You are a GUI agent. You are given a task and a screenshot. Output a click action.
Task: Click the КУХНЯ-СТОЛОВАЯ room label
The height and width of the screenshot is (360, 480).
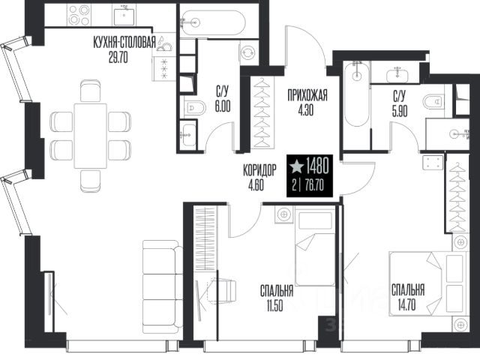(x=124, y=42)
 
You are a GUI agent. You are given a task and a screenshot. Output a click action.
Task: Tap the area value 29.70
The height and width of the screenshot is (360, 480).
(x=118, y=57)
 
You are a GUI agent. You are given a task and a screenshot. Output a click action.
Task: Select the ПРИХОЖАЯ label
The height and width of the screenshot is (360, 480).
(x=307, y=95)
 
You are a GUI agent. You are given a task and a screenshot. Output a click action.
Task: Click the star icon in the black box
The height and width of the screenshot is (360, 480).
(x=296, y=166)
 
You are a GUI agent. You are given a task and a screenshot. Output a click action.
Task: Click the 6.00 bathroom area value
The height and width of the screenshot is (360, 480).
(x=223, y=106)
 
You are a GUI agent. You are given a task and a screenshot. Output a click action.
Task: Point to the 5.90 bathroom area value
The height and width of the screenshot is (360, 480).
(x=400, y=112)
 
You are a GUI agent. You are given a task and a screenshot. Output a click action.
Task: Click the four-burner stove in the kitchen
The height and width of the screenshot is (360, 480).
(x=79, y=15)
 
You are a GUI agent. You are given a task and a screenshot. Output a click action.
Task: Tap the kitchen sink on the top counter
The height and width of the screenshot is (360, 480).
(x=124, y=16)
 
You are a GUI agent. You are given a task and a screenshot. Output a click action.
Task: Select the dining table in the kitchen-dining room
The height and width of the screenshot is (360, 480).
(x=91, y=136)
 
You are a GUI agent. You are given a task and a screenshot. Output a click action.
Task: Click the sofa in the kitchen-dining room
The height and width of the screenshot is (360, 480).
(x=163, y=286)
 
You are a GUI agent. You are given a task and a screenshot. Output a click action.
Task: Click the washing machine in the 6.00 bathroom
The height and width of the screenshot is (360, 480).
(x=248, y=53)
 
